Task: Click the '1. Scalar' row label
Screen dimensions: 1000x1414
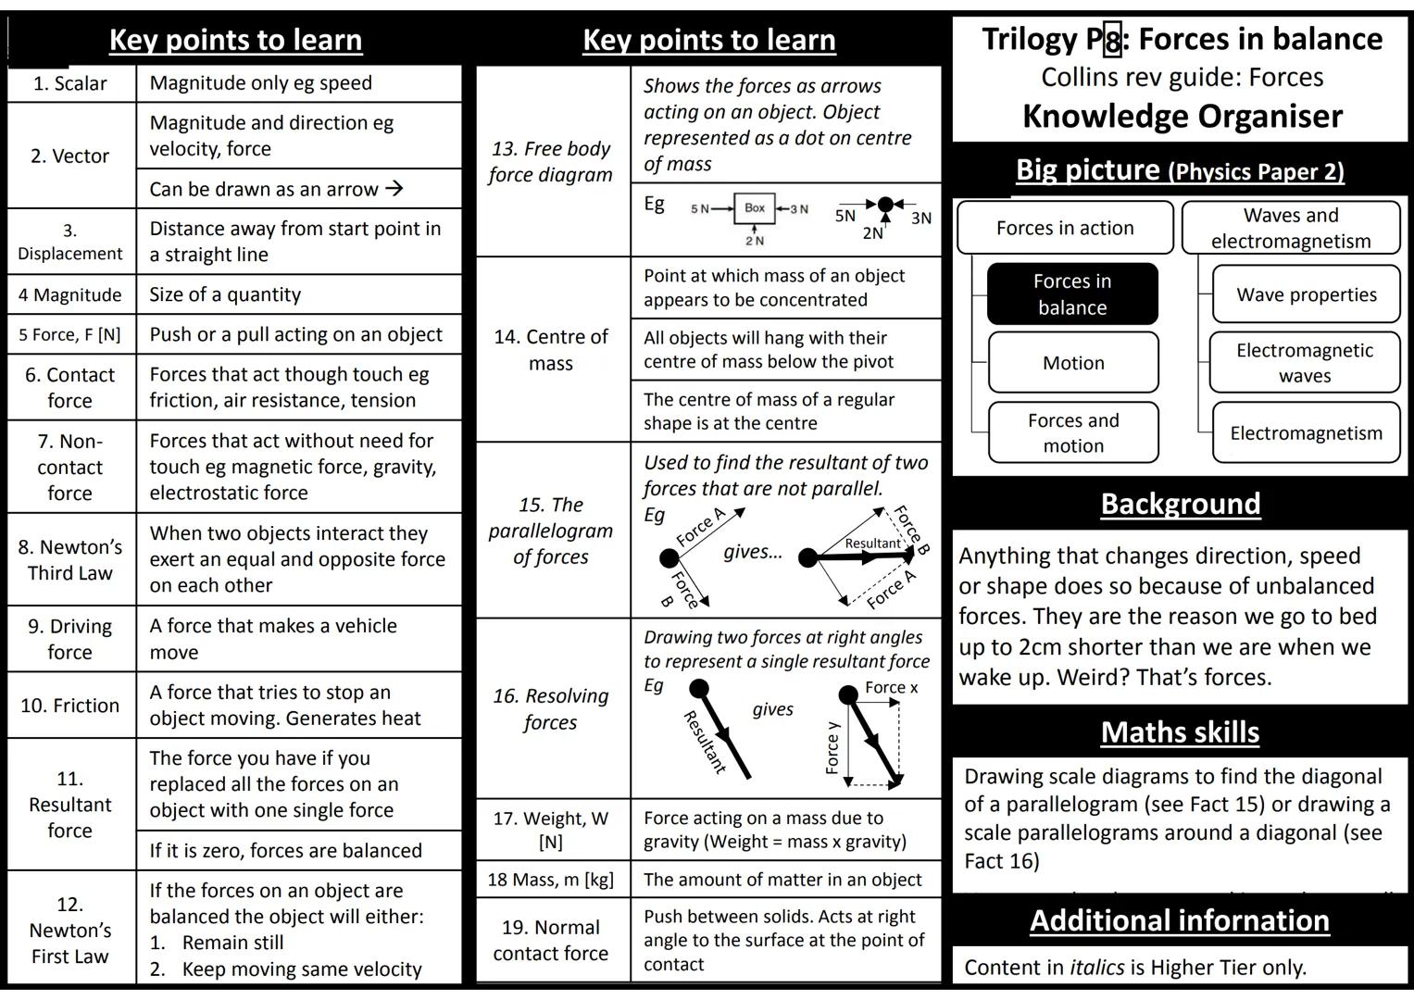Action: click(70, 83)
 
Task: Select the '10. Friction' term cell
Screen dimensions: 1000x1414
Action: click(70, 706)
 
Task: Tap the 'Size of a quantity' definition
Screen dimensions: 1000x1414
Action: click(225, 294)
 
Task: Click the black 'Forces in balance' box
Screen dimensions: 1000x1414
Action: click(1072, 294)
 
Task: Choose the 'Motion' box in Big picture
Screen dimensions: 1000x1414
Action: click(1073, 363)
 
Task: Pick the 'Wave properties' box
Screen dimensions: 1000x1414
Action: click(1306, 294)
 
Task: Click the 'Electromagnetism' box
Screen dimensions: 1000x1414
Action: click(1306, 432)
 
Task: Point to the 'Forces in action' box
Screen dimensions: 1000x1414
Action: click(1065, 228)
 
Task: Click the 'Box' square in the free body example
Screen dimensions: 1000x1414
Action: click(755, 208)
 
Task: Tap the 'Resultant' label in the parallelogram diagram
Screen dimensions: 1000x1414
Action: click(871, 544)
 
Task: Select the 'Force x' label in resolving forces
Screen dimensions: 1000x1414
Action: click(891, 687)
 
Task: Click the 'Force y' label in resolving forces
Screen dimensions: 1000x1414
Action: click(832, 747)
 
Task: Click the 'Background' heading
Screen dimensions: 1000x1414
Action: click(1180, 504)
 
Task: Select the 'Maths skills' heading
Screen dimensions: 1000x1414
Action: click(1180, 732)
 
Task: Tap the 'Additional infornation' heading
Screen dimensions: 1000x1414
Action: click(1180, 920)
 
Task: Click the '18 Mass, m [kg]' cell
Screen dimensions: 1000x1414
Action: click(551, 880)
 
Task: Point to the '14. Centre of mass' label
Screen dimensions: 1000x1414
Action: click(551, 350)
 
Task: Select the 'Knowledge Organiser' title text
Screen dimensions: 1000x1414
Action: click(1182, 116)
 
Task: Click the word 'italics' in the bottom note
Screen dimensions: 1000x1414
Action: click(1096, 968)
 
